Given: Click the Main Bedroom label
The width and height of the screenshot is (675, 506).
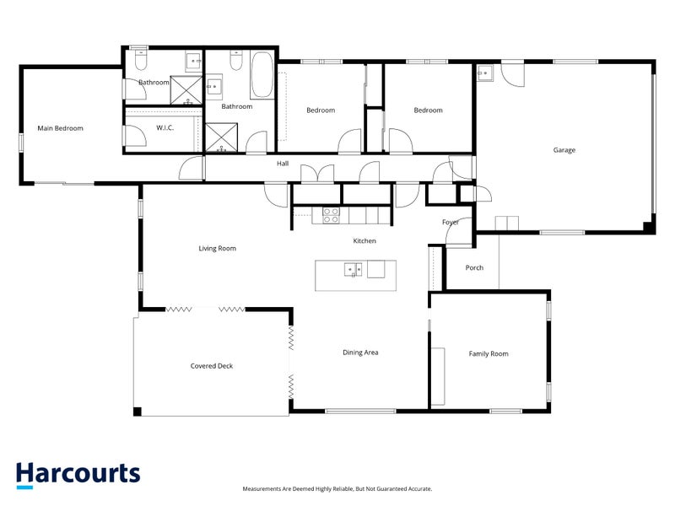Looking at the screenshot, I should [60, 128].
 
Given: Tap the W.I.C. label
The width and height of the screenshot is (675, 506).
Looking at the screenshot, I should [165, 128].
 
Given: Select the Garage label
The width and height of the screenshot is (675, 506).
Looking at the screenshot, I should [564, 150].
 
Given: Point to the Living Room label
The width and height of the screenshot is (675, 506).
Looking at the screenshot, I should [217, 248].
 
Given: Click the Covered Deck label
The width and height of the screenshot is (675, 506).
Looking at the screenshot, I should [211, 366].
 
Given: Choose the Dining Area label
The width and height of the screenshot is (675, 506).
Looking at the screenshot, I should [359, 353].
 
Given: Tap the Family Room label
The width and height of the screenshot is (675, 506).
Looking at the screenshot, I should [489, 353].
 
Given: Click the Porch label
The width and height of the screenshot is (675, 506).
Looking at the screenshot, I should [474, 268].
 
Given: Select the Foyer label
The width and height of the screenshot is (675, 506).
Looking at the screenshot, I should [451, 222].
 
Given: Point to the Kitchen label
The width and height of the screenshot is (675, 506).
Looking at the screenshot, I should [364, 241].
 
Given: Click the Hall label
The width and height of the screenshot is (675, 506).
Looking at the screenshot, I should [283, 164].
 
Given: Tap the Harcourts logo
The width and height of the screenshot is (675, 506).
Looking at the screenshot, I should [78, 474].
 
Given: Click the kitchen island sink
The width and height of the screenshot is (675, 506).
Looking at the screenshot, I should [354, 270].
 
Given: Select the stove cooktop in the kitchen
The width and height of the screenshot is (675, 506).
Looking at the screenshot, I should [331, 215].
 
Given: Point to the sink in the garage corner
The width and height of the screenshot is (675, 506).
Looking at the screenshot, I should [484, 73].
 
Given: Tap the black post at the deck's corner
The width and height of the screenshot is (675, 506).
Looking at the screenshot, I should [138, 411].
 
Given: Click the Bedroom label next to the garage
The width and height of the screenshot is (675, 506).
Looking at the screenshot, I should [428, 110].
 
